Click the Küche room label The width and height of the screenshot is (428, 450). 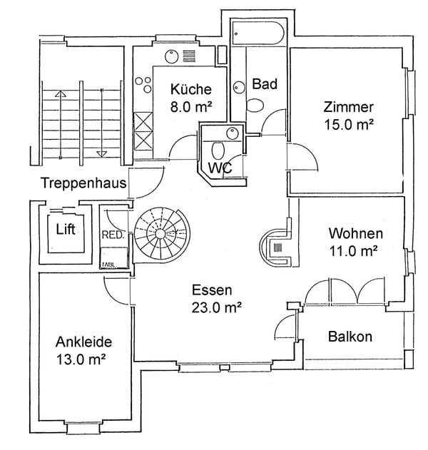(x=190, y=90)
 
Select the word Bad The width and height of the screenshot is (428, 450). (x=265, y=84)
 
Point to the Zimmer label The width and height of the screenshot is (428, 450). (x=348, y=108)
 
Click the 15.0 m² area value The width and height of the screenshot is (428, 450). (x=348, y=123)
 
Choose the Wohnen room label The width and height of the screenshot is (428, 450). (x=355, y=234)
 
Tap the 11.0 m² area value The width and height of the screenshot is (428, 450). (x=355, y=250)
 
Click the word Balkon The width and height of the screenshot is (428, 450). (x=350, y=337)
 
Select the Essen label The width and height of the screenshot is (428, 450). (x=212, y=290)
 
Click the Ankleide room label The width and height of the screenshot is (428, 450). (x=83, y=342)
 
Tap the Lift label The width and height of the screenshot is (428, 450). (x=65, y=230)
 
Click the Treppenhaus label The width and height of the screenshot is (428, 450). (x=83, y=183)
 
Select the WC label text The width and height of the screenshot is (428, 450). (x=218, y=168)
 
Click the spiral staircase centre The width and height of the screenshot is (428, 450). (x=162, y=234)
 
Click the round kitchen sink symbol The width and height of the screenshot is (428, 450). (x=172, y=56)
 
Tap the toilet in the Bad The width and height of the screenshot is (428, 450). (x=255, y=105)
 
